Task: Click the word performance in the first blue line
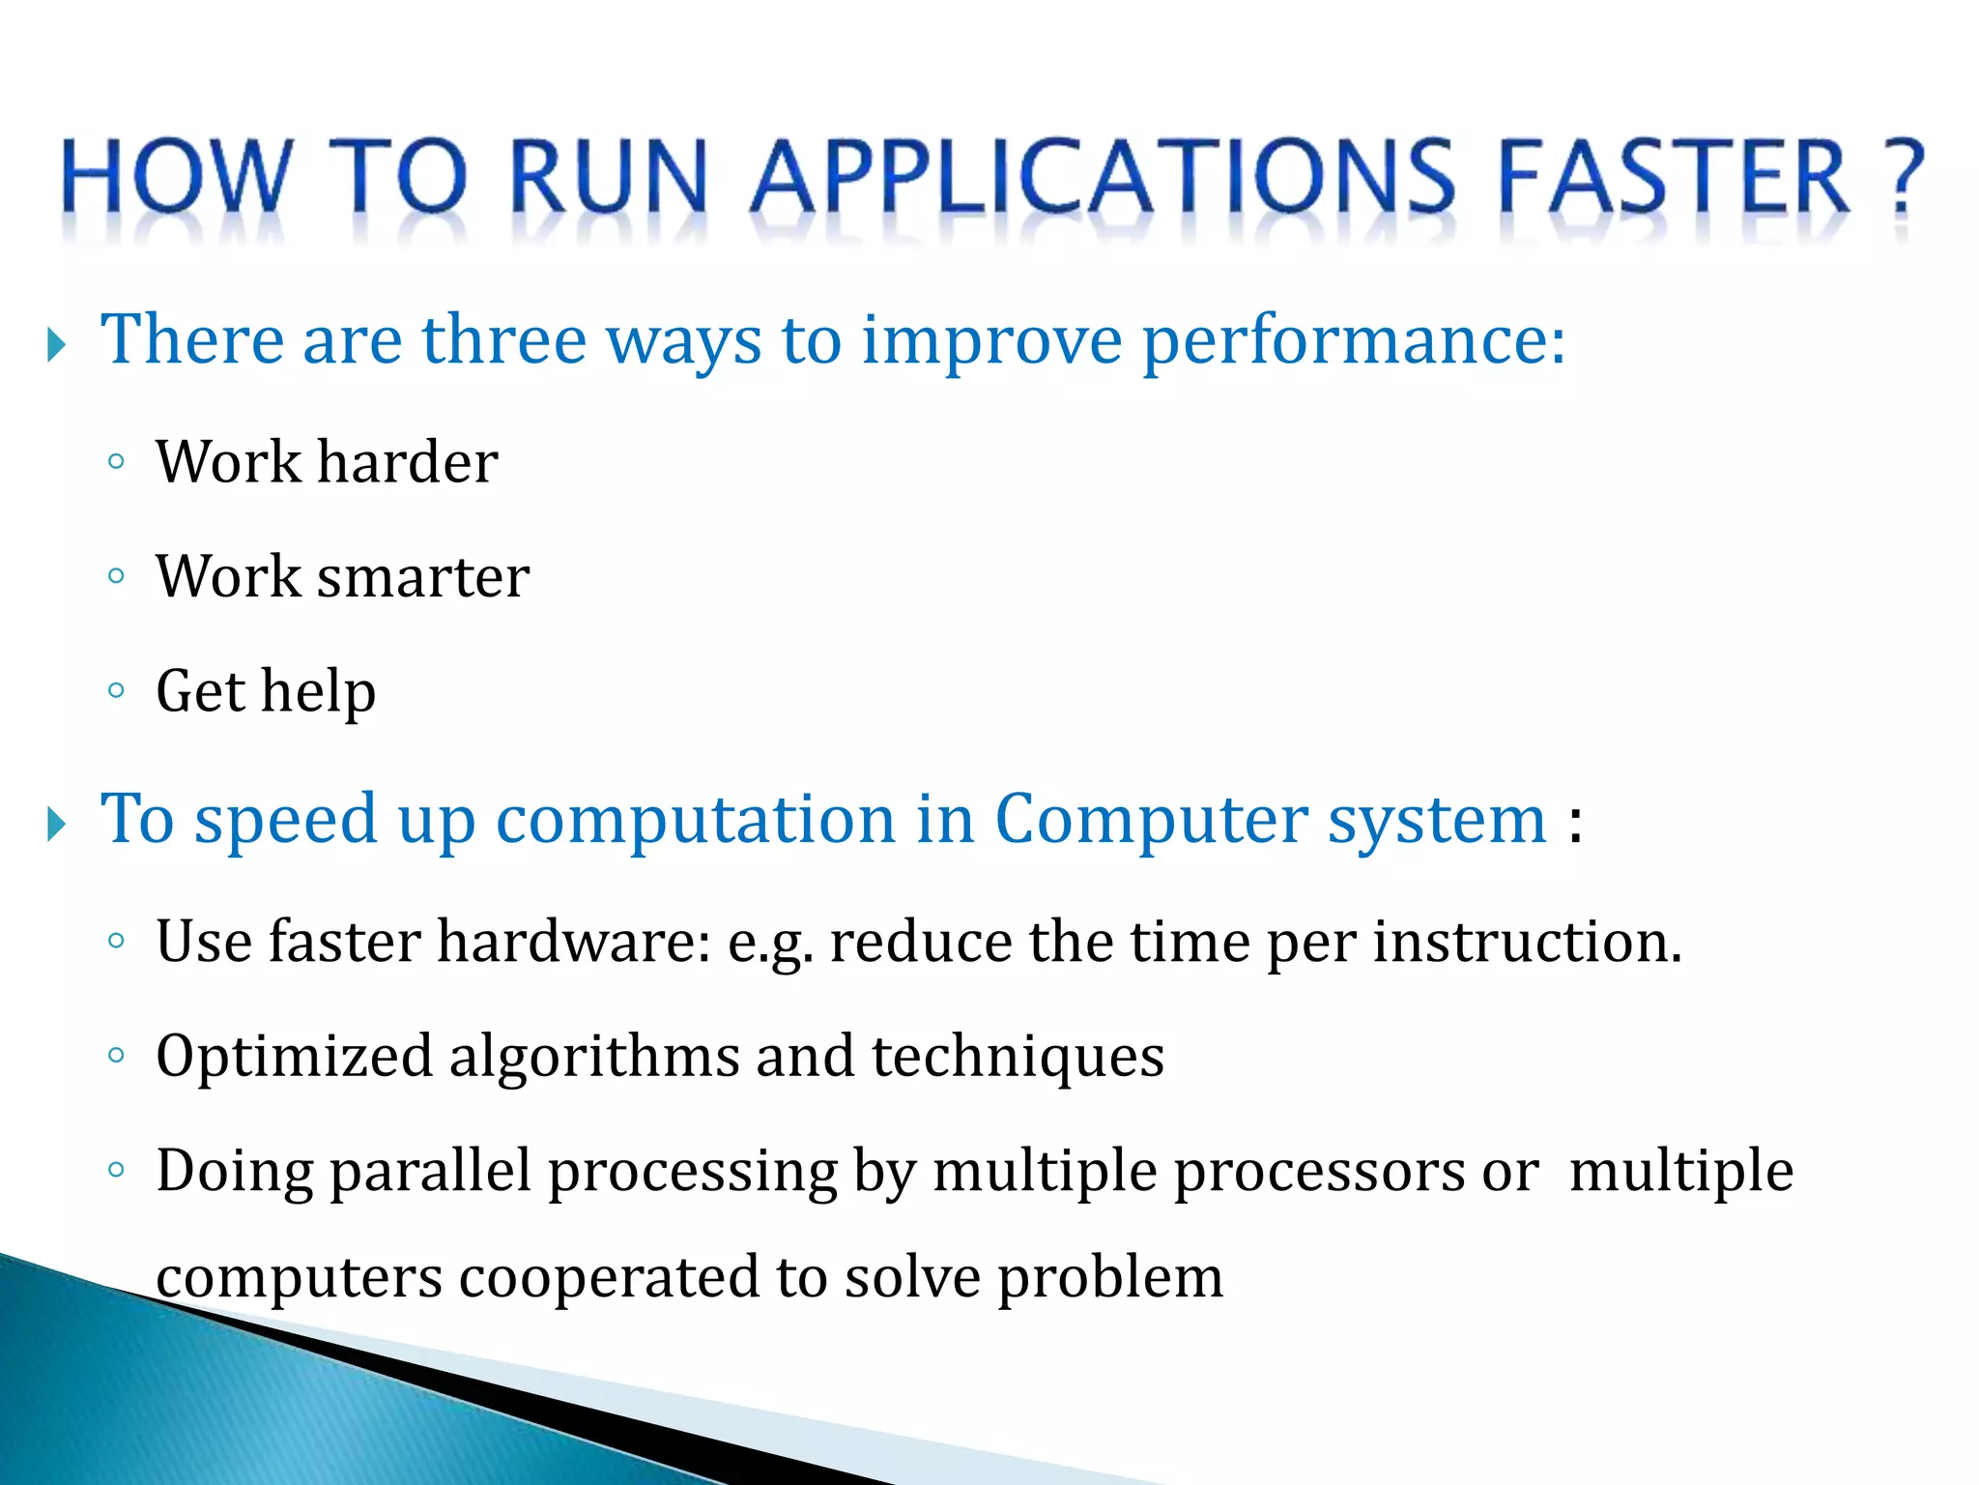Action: point(1353,341)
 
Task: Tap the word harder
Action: point(407,461)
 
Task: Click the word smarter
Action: point(422,577)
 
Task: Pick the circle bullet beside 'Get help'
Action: point(116,690)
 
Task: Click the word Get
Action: point(200,691)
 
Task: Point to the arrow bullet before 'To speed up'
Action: point(57,825)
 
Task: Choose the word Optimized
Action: point(294,1056)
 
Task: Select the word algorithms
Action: point(593,1056)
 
